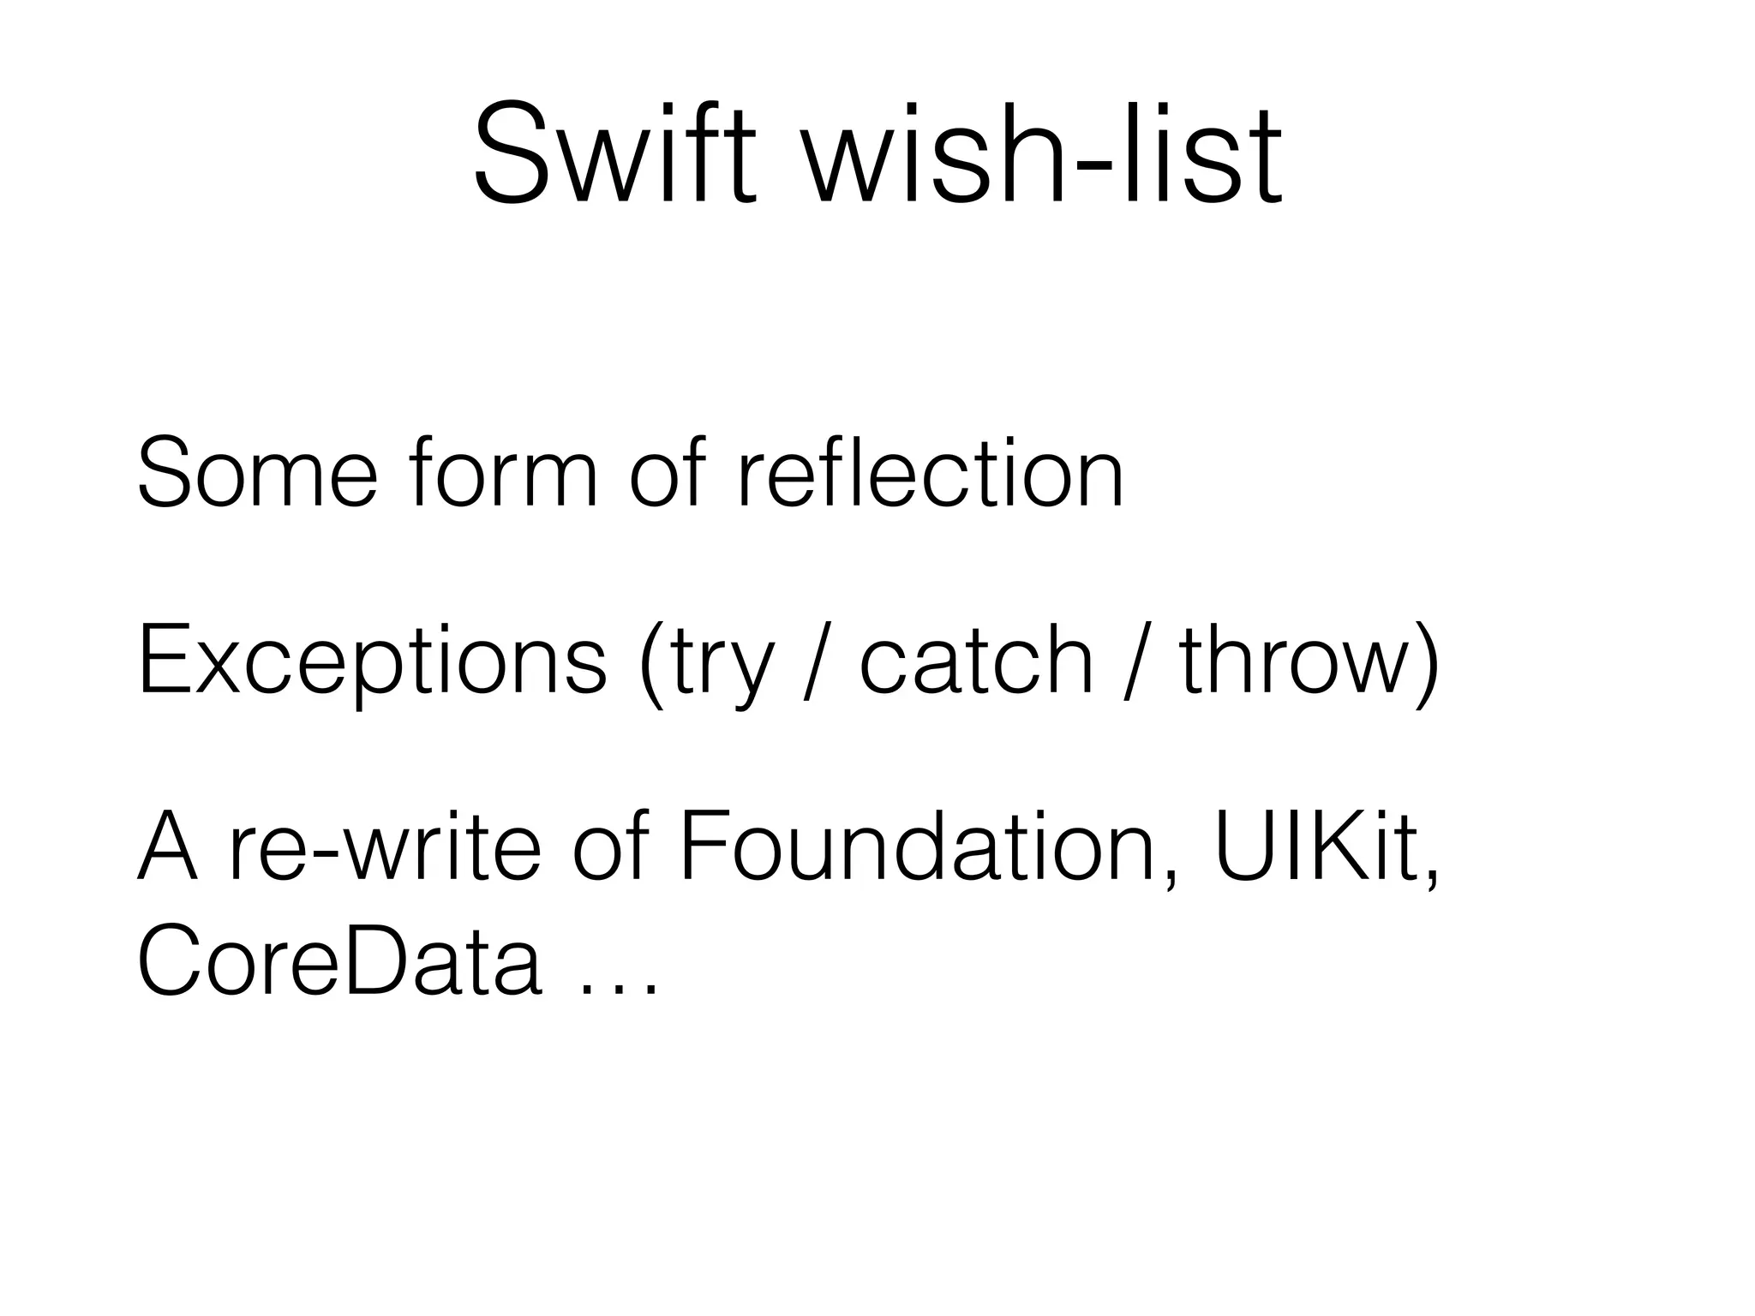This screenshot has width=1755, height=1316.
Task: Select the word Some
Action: click(256, 472)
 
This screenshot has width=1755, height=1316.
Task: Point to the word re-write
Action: click(385, 848)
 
